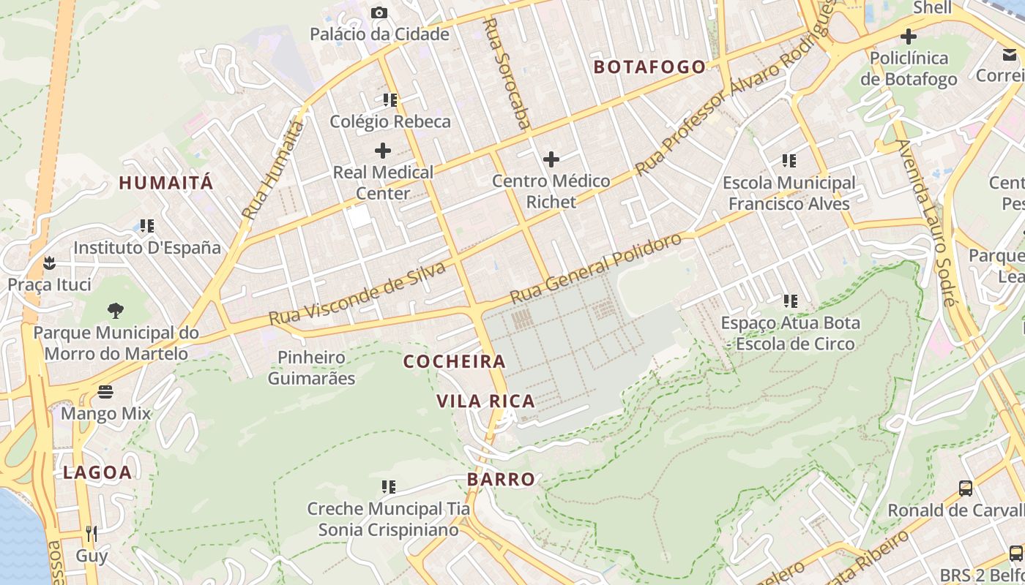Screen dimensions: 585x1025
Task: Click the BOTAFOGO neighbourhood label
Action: tap(649, 67)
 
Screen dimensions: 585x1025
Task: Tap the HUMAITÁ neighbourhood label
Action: tap(166, 183)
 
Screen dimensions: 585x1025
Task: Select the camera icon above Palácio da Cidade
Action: tap(379, 12)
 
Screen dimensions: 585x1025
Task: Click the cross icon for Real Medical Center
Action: tap(382, 151)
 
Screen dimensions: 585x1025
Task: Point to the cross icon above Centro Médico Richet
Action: tap(551, 159)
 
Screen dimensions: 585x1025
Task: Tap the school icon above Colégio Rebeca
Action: tap(389, 99)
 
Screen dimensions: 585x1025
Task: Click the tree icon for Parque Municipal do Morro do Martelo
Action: tap(115, 311)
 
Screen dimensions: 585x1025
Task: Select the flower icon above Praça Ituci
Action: tap(49, 262)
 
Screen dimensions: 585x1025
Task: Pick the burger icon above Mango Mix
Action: tap(105, 392)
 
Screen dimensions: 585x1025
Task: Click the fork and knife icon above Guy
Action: tap(92, 533)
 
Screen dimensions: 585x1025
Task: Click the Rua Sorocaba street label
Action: tap(506, 73)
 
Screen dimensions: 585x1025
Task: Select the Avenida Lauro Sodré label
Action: tap(925, 222)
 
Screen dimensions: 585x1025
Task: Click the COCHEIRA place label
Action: tap(454, 361)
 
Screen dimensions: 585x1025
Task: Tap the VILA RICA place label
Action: tap(485, 401)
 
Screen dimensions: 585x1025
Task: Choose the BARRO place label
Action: tap(502, 480)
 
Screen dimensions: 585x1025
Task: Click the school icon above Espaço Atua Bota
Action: tap(790, 301)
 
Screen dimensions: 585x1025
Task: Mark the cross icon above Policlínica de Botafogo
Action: tap(909, 36)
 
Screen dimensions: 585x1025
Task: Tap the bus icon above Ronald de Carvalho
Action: tap(966, 488)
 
